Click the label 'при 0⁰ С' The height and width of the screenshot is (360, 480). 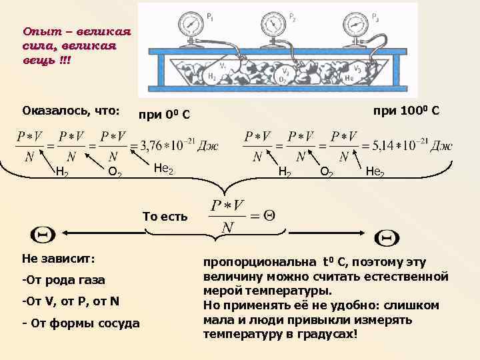coord(164,115)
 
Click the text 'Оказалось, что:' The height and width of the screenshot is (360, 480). coord(71,110)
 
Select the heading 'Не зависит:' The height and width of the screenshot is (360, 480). coord(59,258)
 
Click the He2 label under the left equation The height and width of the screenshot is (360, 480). coord(163,168)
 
